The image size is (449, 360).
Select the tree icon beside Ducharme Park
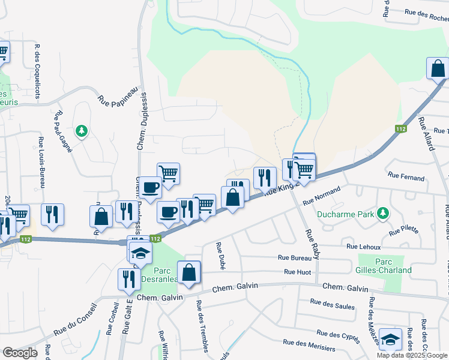[382, 213]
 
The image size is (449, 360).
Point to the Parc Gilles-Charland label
[385, 266]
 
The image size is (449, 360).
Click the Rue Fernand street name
[406, 178]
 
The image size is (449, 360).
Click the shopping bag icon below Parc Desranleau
[189, 272]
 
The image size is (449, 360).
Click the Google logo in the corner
[20, 352]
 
